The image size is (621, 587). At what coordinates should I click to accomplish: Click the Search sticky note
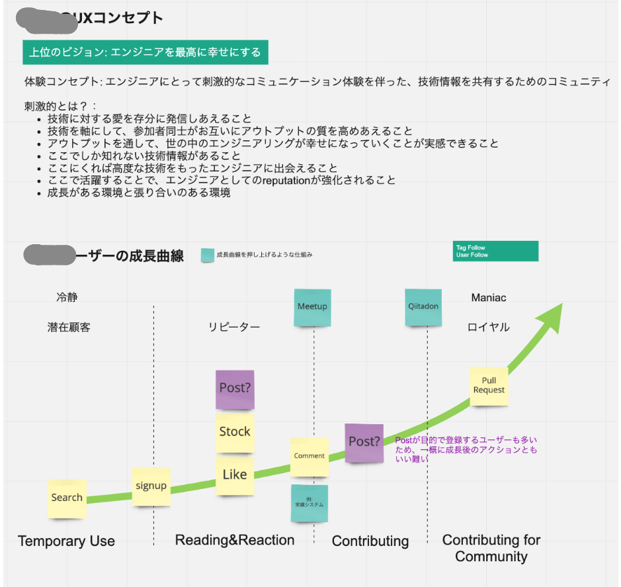point(67,498)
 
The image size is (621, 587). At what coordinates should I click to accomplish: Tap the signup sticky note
point(151,486)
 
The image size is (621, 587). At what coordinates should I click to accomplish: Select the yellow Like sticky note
point(235,474)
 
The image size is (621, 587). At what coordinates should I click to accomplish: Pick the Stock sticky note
point(235,432)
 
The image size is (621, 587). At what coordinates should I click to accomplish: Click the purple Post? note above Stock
point(235,389)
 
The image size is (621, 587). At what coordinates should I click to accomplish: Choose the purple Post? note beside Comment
point(364,442)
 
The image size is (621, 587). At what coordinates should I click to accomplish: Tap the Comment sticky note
point(310,456)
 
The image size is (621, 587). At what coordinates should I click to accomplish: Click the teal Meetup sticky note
point(312,307)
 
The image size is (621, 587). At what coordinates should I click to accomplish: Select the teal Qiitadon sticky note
point(423,307)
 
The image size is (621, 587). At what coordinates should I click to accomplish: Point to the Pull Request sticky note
point(489,386)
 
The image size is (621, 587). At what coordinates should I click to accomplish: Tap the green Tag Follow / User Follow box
point(495,251)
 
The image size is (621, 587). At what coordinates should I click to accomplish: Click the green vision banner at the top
point(145,52)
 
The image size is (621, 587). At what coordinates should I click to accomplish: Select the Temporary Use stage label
point(67,541)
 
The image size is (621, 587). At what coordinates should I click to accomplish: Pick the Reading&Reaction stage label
point(235,540)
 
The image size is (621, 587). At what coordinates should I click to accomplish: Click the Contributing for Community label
point(491,548)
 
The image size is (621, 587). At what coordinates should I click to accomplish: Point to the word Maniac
point(489,298)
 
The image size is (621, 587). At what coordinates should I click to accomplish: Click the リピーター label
point(234,328)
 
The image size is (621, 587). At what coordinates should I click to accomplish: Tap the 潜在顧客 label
point(69,328)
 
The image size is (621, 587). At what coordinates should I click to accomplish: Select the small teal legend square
point(207,255)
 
